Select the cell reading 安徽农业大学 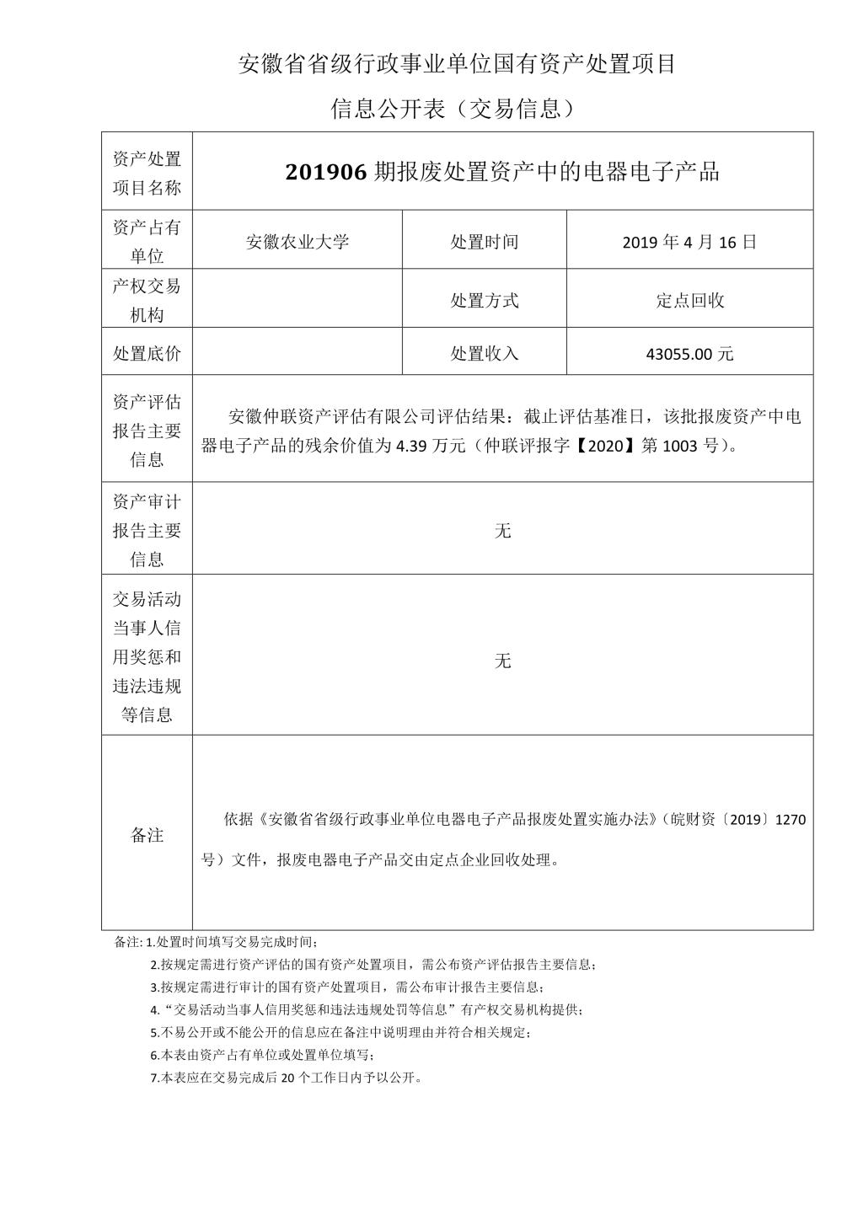[x=297, y=242]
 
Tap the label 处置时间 [x=485, y=242]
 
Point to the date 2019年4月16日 [x=689, y=242]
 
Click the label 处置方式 [x=485, y=300]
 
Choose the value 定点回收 [x=689, y=300]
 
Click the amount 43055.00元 [x=689, y=354]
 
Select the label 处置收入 [x=485, y=354]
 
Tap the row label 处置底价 [x=147, y=354]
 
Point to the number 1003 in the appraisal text [x=679, y=447]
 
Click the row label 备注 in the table [x=147, y=835]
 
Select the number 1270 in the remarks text [x=790, y=819]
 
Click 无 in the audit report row [x=502, y=531]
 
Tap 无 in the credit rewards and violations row [x=502, y=661]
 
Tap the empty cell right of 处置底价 [x=297, y=354]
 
